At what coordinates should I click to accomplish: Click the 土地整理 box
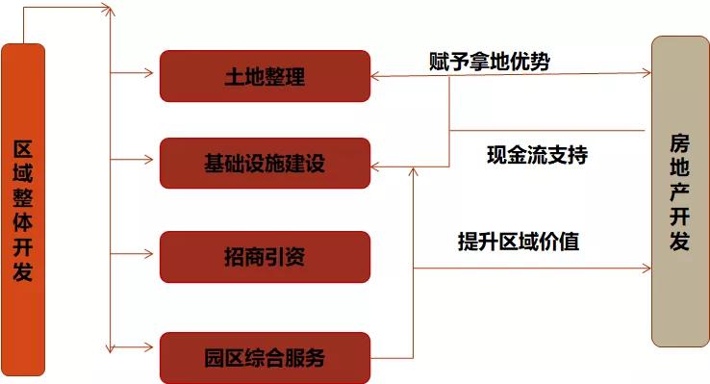click(x=265, y=76)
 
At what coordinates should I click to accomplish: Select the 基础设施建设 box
click(x=265, y=163)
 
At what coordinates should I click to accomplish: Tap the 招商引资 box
click(x=265, y=257)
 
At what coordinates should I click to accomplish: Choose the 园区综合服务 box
click(x=265, y=358)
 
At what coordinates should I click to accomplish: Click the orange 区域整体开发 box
click(x=24, y=209)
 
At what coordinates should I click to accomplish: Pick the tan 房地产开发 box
click(x=680, y=192)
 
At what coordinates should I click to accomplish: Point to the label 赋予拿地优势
click(x=490, y=61)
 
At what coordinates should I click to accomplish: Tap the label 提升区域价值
click(x=518, y=242)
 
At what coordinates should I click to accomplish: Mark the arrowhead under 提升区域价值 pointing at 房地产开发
click(x=646, y=268)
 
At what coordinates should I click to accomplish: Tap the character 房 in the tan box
click(x=680, y=142)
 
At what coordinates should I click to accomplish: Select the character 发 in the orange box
click(x=24, y=271)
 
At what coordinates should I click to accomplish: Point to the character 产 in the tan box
click(x=680, y=192)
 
